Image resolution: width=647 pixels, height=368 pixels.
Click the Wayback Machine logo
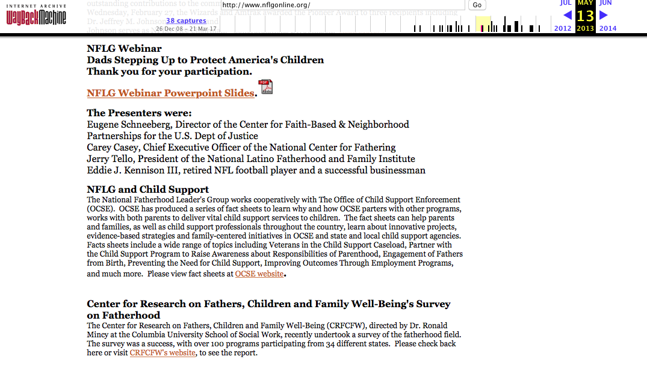(x=36, y=16)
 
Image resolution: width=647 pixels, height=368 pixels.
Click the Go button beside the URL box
(x=477, y=5)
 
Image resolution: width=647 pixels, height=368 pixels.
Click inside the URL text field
(x=343, y=5)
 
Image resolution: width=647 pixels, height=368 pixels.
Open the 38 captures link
(x=186, y=20)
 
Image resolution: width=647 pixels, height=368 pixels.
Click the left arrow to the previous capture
(x=567, y=16)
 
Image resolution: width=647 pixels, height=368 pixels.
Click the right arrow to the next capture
(x=604, y=16)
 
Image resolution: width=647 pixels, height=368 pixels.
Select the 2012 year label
(x=563, y=28)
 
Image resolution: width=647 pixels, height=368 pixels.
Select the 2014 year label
(x=608, y=28)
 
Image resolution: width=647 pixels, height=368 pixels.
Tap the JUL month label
(x=566, y=3)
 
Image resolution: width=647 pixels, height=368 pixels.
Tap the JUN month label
(x=605, y=3)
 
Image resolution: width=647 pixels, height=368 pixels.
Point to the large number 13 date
(x=585, y=16)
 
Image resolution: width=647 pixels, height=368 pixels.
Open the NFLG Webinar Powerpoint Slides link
(x=170, y=93)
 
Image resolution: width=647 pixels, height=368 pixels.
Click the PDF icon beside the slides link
(x=265, y=87)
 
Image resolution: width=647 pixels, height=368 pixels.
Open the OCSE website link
(x=259, y=274)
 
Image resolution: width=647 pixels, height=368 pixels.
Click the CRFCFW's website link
(x=163, y=353)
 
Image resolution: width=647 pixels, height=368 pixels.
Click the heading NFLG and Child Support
(x=148, y=190)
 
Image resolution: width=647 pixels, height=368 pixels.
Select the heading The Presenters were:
(x=139, y=113)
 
